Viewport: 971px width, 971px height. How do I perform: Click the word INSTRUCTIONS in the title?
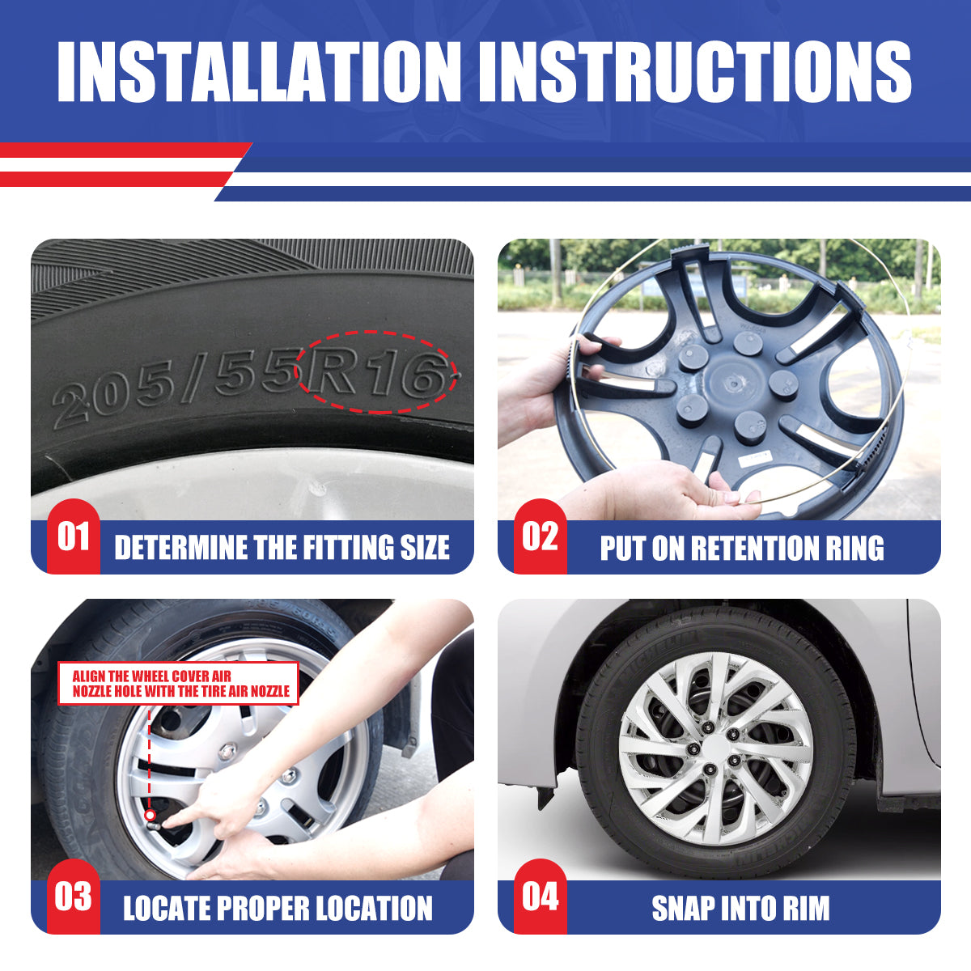pos(695,71)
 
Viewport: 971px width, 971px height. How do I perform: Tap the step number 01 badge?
pos(74,536)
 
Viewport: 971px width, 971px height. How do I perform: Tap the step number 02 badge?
pos(541,536)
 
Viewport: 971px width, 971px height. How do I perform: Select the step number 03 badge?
pos(74,897)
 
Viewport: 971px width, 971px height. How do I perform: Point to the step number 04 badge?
pos(541,897)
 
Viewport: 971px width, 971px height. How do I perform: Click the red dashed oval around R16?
pos(376,332)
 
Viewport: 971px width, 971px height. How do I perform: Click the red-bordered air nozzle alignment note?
pos(178,683)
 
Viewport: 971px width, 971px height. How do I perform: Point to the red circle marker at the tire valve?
pos(150,815)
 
